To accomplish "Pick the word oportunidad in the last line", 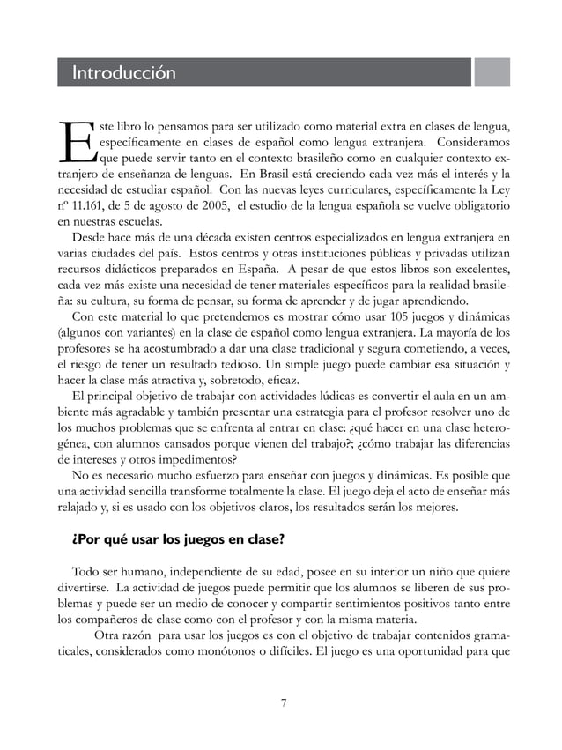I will (447, 654).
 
